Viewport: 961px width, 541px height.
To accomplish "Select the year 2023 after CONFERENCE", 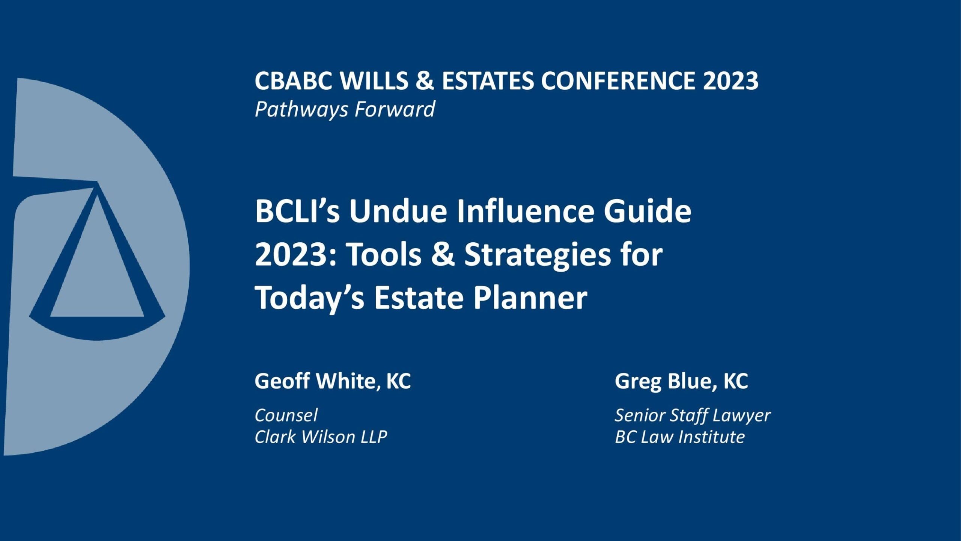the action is pos(731,81).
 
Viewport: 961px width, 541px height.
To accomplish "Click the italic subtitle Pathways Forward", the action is pos(345,110).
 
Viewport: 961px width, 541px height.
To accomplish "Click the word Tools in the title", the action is pos(383,255).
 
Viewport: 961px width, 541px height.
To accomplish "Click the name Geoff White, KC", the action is pos(333,381).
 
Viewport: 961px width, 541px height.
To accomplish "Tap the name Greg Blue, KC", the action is pos(681,381).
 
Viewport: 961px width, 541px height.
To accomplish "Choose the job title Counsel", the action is pos(286,415).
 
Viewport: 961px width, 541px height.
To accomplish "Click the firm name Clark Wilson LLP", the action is pos(321,437).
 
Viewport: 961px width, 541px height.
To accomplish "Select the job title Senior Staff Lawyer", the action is pos(693,416).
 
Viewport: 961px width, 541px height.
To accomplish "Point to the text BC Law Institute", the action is pos(680,437).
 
